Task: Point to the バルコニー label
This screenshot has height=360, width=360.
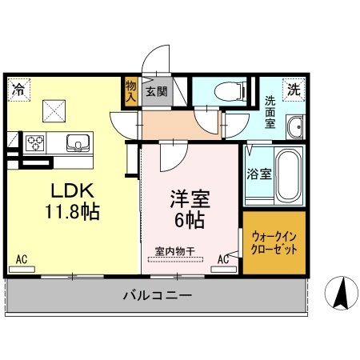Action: coord(157,295)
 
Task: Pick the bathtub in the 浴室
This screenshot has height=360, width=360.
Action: coord(288,176)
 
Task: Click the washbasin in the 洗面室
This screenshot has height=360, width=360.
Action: coord(295,126)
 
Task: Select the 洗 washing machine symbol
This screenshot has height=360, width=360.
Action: coord(294,89)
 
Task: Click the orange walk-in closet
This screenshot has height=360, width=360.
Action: coord(274,243)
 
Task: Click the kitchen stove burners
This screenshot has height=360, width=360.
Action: coord(36,142)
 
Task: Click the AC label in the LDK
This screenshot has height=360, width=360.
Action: coord(22,258)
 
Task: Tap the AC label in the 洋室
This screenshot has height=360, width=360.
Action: coord(224,258)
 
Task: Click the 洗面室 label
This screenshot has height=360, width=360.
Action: coord(271,113)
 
